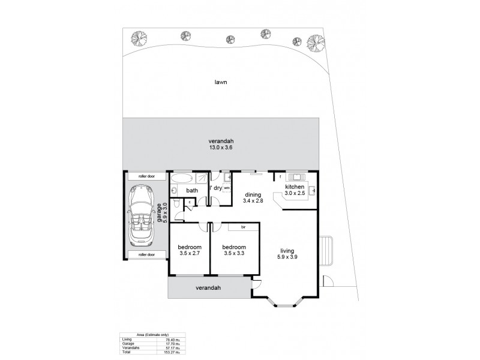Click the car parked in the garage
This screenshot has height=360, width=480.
143,215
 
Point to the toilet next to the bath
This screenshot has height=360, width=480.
175,191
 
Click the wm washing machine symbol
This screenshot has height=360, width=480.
227,188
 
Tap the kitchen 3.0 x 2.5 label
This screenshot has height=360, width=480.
296,190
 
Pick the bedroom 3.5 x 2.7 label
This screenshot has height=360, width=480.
189,250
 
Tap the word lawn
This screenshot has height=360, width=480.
222,82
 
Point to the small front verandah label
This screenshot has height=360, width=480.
208,288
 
